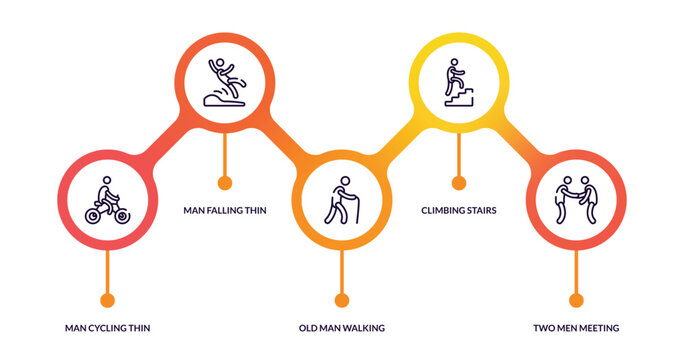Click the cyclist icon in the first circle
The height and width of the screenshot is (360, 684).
(107, 202)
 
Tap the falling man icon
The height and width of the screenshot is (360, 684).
(225, 83)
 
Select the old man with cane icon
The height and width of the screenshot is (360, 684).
(342, 201)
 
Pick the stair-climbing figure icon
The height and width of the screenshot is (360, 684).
(459, 82)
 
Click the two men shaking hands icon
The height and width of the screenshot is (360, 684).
(576, 201)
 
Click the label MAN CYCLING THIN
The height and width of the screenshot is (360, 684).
(107, 327)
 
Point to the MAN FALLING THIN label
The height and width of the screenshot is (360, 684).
(225, 210)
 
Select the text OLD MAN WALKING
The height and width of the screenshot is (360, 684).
(342, 327)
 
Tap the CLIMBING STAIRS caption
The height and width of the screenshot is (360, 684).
(459, 210)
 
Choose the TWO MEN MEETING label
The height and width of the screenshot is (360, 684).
(576, 327)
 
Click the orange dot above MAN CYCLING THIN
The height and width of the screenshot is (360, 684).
(107, 299)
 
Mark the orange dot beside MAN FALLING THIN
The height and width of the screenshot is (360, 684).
(225, 182)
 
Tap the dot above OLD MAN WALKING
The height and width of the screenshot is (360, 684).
(342, 299)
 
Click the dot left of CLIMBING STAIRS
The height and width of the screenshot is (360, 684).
(459, 182)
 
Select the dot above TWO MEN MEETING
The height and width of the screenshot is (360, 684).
(576, 299)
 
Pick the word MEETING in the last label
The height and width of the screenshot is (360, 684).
(596, 327)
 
